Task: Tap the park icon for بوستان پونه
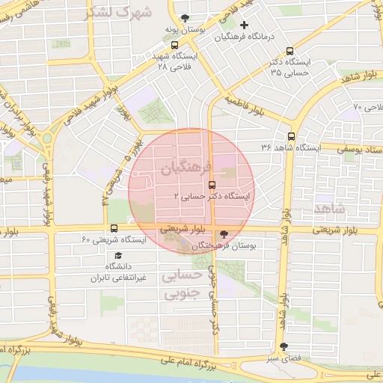tap(186, 18)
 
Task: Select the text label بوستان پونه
tap(186, 29)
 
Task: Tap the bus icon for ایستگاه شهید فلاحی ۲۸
tap(175, 45)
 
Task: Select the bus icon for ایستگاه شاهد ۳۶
tap(291, 136)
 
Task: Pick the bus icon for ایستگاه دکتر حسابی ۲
tap(211, 183)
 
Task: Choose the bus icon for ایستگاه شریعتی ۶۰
tap(114, 228)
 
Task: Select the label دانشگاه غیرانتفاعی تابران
tap(105, 272)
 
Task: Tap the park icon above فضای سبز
tap(283, 346)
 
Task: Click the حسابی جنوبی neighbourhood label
tap(182, 285)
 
